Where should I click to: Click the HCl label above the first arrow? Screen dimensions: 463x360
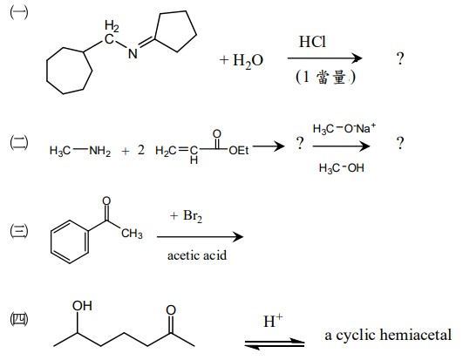pyautogui.click(x=312, y=42)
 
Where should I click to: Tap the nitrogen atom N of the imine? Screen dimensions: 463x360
pyautogui.click(x=133, y=54)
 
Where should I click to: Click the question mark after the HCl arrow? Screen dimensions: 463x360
pyautogui.click(x=400, y=58)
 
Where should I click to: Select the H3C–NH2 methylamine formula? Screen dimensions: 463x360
pyautogui.click(x=80, y=151)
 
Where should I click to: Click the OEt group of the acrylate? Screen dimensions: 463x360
pyautogui.click(x=239, y=150)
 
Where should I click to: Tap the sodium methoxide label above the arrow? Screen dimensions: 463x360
pyautogui.click(x=344, y=129)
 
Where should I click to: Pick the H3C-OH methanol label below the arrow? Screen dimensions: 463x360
pyautogui.click(x=341, y=168)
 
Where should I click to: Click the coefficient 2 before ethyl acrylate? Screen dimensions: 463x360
pyautogui.click(x=141, y=150)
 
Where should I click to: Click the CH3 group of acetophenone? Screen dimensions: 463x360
pyautogui.click(x=132, y=234)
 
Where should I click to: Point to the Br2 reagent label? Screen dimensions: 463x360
pyautogui.click(x=193, y=216)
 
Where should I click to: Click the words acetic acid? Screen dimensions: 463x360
pyautogui.click(x=197, y=255)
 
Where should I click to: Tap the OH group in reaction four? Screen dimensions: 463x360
pyautogui.click(x=82, y=306)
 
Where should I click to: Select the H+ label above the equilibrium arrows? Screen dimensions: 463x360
pyautogui.click(x=273, y=321)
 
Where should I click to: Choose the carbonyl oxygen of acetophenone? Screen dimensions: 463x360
pyautogui.click(x=106, y=201)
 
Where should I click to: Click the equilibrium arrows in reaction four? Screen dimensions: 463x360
pyautogui.click(x=275, y=343)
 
